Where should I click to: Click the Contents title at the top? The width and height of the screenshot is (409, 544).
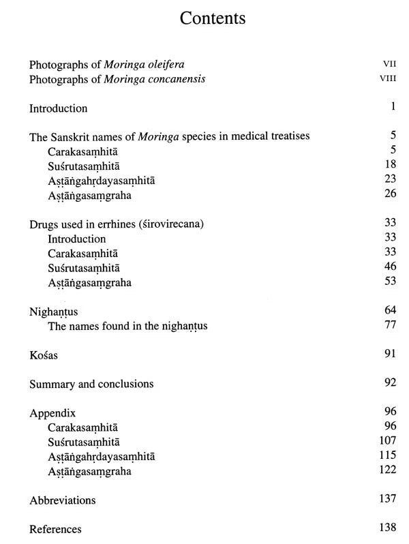click(x=212, y=18)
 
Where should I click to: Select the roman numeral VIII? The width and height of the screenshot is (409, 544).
click(x=387, y=79)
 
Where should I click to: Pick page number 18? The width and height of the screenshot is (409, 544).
click(x=390, y=166)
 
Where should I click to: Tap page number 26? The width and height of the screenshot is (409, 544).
click(x=390, y=195)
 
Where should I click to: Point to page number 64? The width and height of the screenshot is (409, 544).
click(x=390, y=310)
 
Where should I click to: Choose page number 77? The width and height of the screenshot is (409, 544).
click(x=390, y=325)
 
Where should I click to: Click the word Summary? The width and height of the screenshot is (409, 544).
click(x=51, y=384)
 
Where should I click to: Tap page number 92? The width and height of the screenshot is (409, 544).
click(x=390, y=382)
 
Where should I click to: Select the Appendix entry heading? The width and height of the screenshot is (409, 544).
click(x=52, y=414)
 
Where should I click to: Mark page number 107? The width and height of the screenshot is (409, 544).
click(x=387, y=441)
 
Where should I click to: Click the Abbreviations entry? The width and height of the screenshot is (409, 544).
click(x=62, y=500)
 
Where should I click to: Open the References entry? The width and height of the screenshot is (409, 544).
click(x=55, y=529)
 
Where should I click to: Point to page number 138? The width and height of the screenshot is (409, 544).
click(x=387, y=528)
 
